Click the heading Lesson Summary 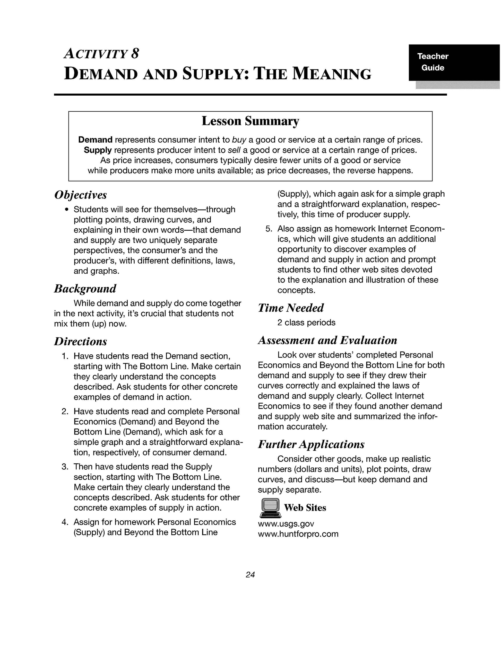coord(250,121)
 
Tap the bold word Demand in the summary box coord(95,140)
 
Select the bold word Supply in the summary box coord(98,150)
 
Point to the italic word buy coord(239,140)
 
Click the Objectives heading coord(80,195)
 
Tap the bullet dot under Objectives coord(67,210)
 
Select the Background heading coord(85,288)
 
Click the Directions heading coord(80,342)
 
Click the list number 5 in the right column coord(269,229)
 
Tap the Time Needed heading coord(291,308)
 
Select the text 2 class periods coord(306,323)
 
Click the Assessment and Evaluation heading coord(327,340)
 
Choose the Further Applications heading coord(311,444)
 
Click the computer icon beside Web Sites coord(270,508)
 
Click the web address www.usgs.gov coord(286,523)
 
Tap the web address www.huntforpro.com coord(298,534)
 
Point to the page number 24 coord(250,575)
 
